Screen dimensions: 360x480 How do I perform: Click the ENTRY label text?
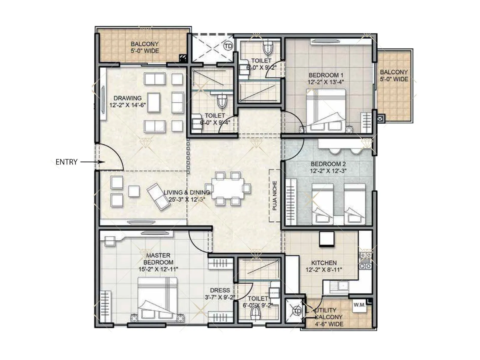tap(66, 162)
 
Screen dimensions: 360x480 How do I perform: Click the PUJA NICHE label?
tap(274, 196)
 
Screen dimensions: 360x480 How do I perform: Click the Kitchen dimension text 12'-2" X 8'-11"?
tap(324, 270)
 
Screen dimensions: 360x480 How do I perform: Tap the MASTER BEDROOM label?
tap(158, 259)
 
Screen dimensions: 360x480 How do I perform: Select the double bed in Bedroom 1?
tap(325, 109)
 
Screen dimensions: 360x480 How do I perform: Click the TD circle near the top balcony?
tap(228, 46)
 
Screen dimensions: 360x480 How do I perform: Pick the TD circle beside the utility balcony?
tap(297, 311)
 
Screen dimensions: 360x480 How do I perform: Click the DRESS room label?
tap(220, 290)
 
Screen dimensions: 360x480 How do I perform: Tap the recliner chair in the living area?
tap(158, 196)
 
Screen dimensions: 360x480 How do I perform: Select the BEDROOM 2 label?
tap(328, 164)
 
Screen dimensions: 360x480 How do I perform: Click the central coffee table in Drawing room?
tap(154, 102)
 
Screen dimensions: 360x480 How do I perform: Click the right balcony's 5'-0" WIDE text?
tap(394, 79)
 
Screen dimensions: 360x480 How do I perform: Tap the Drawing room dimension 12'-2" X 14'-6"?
tap(127, 105)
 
